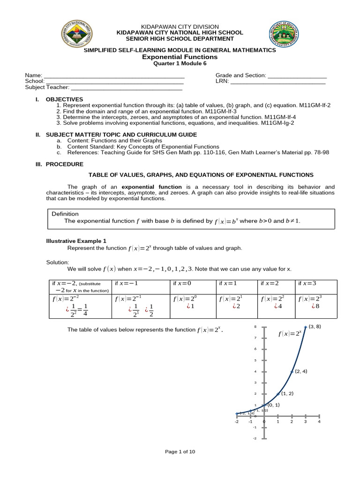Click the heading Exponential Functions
180,57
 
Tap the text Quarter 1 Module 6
180,64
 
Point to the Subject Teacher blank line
126,88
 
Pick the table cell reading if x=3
309,284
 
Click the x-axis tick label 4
319,422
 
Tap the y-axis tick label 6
255,349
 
